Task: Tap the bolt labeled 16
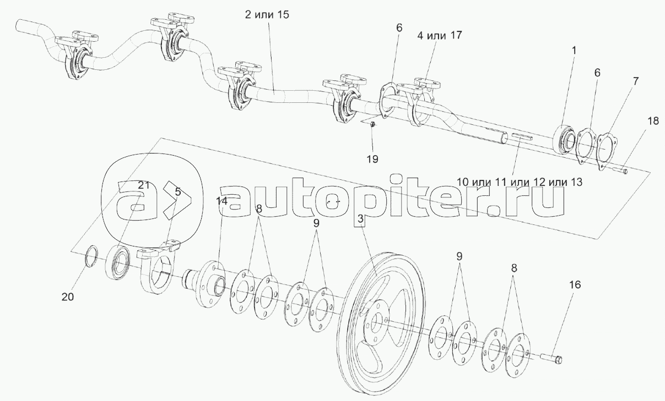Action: pos(553,359)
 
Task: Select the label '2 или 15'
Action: pos(267,15)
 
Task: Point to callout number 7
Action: pos(635,81)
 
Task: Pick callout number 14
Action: pos(221,201)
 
